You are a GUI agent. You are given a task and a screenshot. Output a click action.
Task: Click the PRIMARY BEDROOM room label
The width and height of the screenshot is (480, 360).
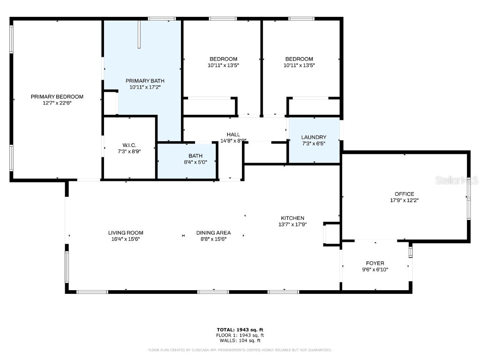coord(57,97)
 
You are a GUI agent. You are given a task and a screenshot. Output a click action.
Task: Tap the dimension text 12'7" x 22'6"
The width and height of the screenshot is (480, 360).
coord(57,103)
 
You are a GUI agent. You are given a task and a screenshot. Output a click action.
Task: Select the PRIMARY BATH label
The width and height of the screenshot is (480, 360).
coord(145,81)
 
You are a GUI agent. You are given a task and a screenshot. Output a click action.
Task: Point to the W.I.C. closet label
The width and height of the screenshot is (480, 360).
coord(129,145)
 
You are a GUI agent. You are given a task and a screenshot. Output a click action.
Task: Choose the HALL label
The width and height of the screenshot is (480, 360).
coord(233,135)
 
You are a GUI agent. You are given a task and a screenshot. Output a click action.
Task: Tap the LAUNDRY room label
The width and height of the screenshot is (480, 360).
coord(314,137)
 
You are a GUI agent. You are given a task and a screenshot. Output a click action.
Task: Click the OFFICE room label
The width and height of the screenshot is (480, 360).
coord(404,194)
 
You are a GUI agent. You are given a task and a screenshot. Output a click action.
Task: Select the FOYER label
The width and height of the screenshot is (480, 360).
coord(375,263)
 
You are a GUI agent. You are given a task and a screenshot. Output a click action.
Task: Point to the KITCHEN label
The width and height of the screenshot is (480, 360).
coord(292,218)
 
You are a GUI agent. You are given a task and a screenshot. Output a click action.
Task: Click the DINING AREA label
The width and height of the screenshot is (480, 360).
coord(213,232)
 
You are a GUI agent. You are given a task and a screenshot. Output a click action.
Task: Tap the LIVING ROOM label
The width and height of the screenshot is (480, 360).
coord(126,232)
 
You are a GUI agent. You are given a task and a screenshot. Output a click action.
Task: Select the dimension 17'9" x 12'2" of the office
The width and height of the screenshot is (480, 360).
coord(404,200)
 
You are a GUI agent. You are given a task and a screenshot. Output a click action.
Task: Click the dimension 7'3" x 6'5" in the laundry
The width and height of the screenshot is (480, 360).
coord(314,143)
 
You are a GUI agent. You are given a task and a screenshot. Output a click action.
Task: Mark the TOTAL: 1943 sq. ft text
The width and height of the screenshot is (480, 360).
coord(240,330)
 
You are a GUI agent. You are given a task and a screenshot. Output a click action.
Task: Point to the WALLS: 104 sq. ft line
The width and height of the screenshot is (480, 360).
coord(240,341)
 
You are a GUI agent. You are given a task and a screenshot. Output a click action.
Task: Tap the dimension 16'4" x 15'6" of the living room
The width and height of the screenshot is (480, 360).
coord(126,239)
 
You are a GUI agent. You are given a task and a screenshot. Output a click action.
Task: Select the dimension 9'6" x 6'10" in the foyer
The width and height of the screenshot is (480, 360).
coord(375,270)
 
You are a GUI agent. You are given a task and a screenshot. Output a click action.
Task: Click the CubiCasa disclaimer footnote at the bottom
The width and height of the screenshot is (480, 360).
coord(240,350)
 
